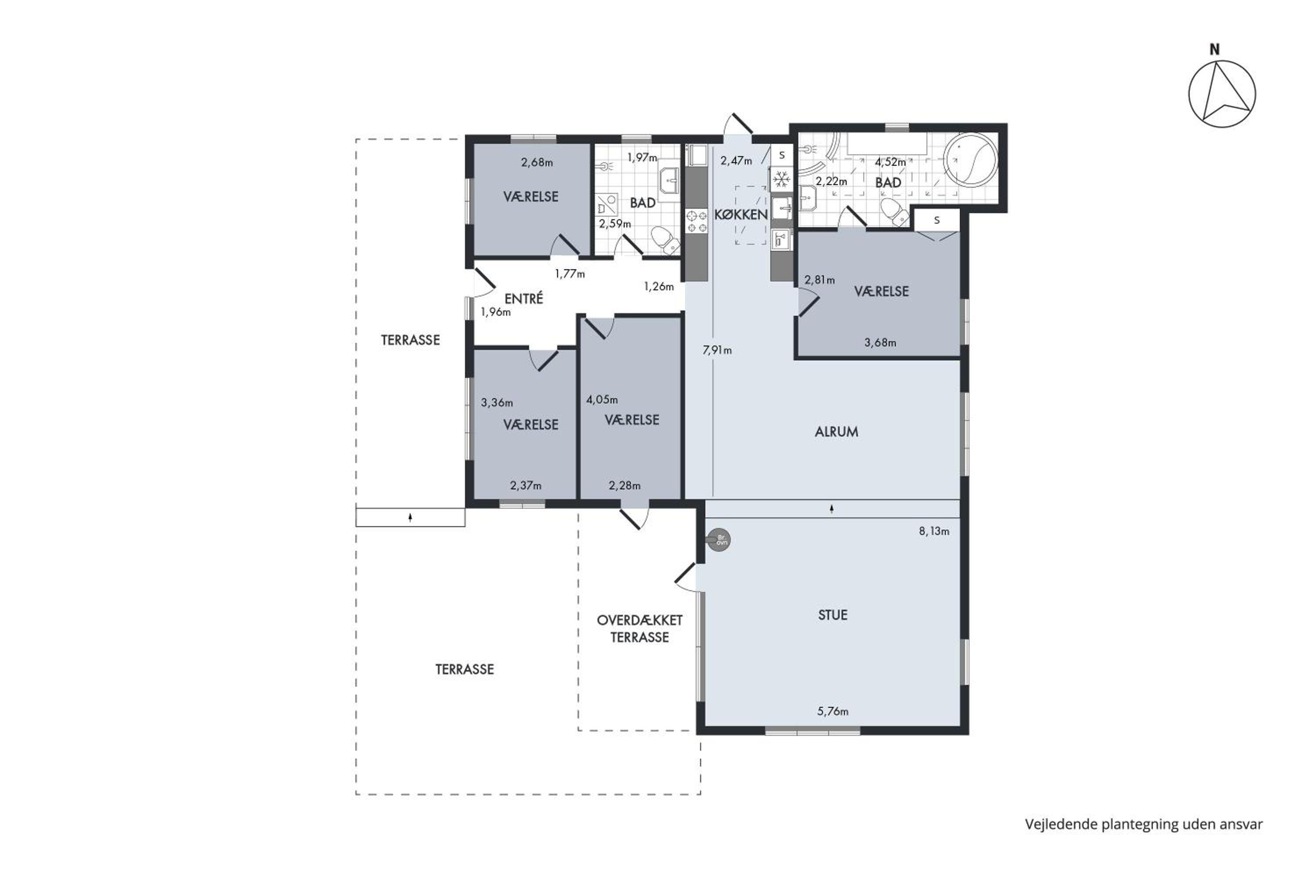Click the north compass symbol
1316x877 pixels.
pyautogui.click(x=1222, y=93)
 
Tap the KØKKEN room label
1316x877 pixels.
pyautogui.click(x=741, y=214)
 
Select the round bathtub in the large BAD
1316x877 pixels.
pyautogui.click(x=971, y=160)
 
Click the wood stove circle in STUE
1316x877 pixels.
pyautogui.click(x=719, y=540)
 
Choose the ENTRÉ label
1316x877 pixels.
pyautogui.click(x=524, y=298)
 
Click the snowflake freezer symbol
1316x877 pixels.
pyautogui.click(x=781, y=179)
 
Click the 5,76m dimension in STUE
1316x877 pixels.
pyautogui.click(x=833, y=711)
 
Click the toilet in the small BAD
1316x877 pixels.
pyautogui.click(x=665, y=240)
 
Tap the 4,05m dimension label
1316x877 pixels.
pyautogui.click(x=602, y=400)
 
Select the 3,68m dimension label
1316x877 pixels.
pyautogui.click(x=880, y=343)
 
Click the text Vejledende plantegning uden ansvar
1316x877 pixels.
pyautogui.click(x=1144, y=824)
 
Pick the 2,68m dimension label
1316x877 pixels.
pyautogui.click(x=537, y=163)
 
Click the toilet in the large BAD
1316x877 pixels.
pyautogui.click(x=895, y=212)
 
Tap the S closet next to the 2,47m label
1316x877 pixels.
pyautogui.click(x=782, y=155)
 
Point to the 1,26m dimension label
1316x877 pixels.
pyautogui.click(x=658, y=287)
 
